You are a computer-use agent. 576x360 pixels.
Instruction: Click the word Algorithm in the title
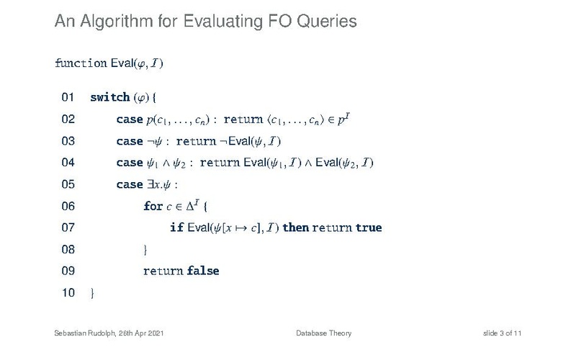pyautogui.click(x=117, y=22)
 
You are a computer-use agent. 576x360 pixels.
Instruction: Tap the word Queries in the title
pyautogui.click(x=327, y=22)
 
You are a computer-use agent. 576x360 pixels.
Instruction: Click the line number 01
pyautogui.click(x=68, y=97)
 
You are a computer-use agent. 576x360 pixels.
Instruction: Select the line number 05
pyautogui.click(x=68, y=184)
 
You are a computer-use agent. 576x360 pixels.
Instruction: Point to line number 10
pyautogui.click(x=68, y=293)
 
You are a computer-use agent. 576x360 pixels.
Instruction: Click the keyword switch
pyautogui.click(x=110, y=97)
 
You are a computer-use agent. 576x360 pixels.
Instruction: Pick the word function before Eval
pyautogui.click(x=81, y=63)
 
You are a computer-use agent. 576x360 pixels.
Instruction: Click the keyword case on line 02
pyautogui.click(x=130, y=120)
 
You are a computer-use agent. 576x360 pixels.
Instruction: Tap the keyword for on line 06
pyautogui.click(x=153, y=206)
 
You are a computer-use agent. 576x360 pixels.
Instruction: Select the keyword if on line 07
pyautogui.click(x=176, y=228)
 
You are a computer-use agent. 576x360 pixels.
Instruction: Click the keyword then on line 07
pyautogui.click(x=296, y=228)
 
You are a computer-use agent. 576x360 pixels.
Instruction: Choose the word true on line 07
pyautogui.click(x=369, y=228)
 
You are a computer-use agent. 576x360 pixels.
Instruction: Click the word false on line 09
pyautogui.click(x=203, y=271)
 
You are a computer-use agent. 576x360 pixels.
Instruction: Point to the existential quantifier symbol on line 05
pyautogui.click(x=150, y=184)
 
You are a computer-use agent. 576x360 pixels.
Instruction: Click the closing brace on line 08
pyautogui.click(x=145, y=250)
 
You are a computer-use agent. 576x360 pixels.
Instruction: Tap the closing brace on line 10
pyautogui.click(x=92, y=293)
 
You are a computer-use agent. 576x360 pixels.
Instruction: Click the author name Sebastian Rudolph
pyautogui.click(x=85, y=333)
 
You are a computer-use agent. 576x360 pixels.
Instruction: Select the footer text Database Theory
pyautogui.click(x=323, y=333)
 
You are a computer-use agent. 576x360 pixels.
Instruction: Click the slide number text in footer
pyautogui.click(x=502, y=333)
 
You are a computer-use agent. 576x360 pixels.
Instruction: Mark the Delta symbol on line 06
pyautogui.click(x=190, y=206)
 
